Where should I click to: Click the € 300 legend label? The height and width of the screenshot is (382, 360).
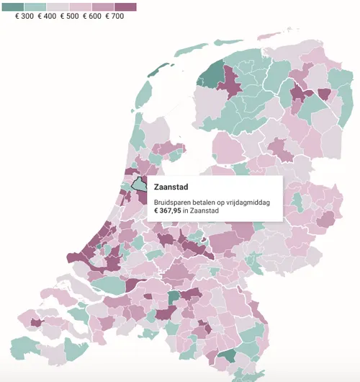(24, 16)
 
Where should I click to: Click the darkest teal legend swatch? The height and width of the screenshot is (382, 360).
(14, 6)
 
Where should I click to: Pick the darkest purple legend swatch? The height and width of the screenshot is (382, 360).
(125, 6)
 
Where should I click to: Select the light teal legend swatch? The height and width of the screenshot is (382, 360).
(36, 6)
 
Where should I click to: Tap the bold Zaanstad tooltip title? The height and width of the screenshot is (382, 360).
(171, 187)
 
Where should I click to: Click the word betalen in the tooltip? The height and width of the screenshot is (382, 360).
(204, 203)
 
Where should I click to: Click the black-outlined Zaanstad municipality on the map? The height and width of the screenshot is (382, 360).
(137, 182)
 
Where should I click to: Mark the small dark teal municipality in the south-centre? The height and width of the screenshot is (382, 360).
(174, 298)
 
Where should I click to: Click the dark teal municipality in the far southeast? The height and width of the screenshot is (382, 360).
(229, 355)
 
